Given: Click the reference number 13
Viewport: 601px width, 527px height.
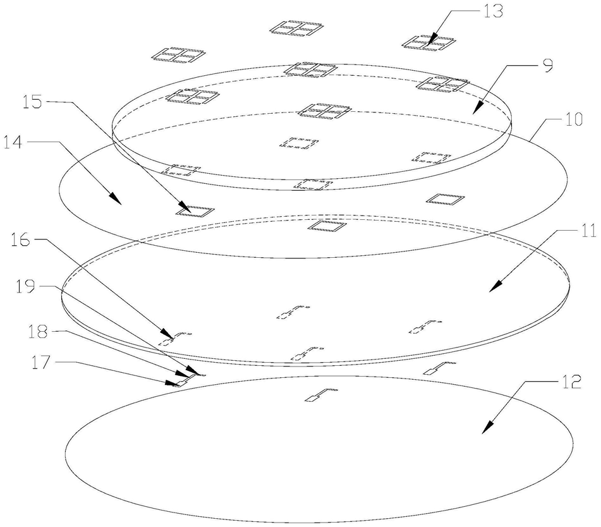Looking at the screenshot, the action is pos(490,13).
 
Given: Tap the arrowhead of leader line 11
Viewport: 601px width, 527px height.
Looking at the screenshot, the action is pos(492,291).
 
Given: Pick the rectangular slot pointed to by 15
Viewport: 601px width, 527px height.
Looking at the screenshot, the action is pos(195,211).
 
